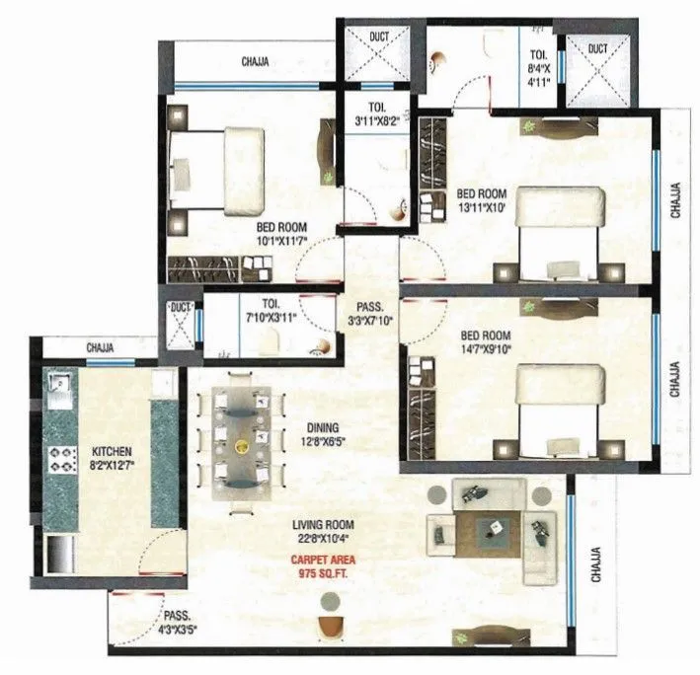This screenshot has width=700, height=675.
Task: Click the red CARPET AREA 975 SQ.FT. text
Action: (323, 565)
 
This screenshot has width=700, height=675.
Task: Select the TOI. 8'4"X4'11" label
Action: (537, 68)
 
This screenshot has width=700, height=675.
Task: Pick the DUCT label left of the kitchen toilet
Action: (180, 307)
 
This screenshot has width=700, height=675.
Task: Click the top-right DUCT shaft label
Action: (598, 46)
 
